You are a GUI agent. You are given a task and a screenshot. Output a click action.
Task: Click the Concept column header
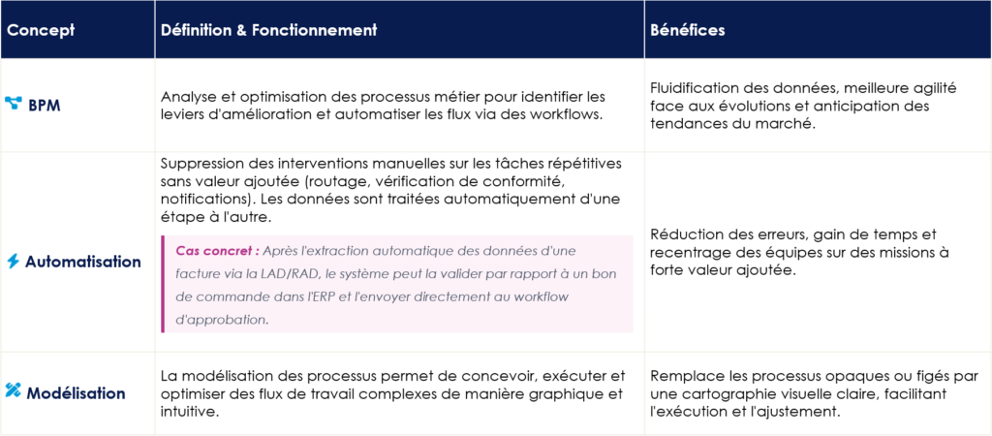[41, 30]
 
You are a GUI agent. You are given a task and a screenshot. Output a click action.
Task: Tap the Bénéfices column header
[688, 30]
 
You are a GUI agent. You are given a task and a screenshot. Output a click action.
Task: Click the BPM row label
[45, 105]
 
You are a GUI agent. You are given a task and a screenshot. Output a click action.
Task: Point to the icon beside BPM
[14, 104]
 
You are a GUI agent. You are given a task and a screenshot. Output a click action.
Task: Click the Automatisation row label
[83, 262]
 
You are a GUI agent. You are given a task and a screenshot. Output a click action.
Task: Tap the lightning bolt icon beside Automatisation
[13, 262]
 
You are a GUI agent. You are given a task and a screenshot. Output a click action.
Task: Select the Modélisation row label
[77, 392]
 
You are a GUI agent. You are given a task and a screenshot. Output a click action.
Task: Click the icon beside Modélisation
[13, 391]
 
